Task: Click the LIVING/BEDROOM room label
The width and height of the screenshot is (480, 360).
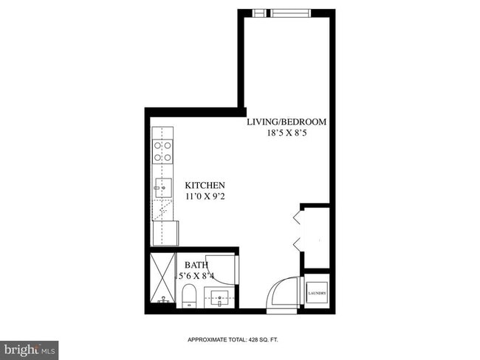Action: click(x=286, y=122)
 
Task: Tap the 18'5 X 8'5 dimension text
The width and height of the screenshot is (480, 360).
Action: click(x=286, y=134)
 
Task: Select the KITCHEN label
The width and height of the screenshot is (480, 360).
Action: click(x=205, y=185)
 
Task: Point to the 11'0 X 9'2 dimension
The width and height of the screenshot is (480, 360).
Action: click(x=205, y=197)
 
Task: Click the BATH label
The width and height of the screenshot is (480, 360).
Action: click(x=196, y=265)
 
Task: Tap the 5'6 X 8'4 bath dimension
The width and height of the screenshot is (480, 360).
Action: click(x=196, y=276)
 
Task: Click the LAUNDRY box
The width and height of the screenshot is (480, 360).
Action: click(x=317, y=293)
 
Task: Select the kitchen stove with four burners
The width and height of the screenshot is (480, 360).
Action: click(x=162, y=151)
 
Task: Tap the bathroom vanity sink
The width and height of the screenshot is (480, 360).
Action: click(x=219, y=300)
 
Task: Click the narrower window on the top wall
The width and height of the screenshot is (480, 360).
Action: click(x=258, y=13)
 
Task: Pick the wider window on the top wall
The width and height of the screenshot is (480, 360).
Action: click(x=292, y=13)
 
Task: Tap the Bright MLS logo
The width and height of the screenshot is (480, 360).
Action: click(x=30, y=348)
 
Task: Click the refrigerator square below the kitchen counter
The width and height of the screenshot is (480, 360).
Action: click(x=166, y=232)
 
